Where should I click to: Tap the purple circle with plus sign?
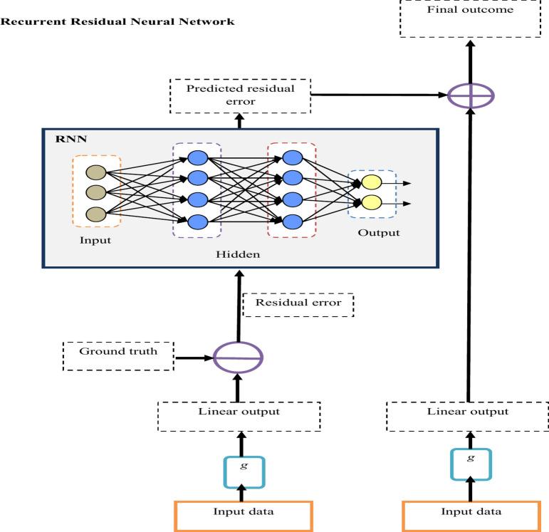469,95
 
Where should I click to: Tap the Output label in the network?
379,234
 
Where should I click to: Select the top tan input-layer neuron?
95,172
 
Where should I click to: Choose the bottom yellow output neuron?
371,203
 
